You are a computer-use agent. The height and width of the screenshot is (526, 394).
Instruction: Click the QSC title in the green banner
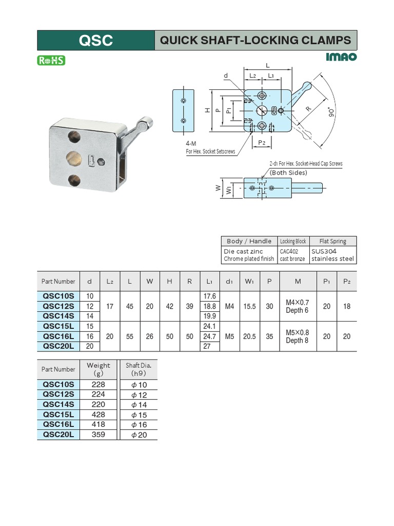tap(96, 41)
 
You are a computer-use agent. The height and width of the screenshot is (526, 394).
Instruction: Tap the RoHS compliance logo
tap(52, 61)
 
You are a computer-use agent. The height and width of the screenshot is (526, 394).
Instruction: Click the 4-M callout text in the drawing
tap(190, 144)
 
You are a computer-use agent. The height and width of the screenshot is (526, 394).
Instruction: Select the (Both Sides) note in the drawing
tap(288, 173)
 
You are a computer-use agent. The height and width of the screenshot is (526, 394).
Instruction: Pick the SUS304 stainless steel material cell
tap(332, 255)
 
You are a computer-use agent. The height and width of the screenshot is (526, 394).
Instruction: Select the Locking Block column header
tap(293, 241)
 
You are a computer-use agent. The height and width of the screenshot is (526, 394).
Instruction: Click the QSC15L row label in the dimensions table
tap(58, 326)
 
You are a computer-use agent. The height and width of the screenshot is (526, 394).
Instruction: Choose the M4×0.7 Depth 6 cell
tap(297, 307)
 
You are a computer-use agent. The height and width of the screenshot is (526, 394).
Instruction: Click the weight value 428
tap(98, 415)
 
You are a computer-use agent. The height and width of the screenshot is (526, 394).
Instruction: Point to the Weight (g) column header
tap(98, 369)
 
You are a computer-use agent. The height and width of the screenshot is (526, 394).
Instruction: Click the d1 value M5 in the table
tap(229, 336)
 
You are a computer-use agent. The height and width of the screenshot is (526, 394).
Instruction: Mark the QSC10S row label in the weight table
tap(58, 385)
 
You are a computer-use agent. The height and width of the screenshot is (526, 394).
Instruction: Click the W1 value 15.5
tap(250, 306)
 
